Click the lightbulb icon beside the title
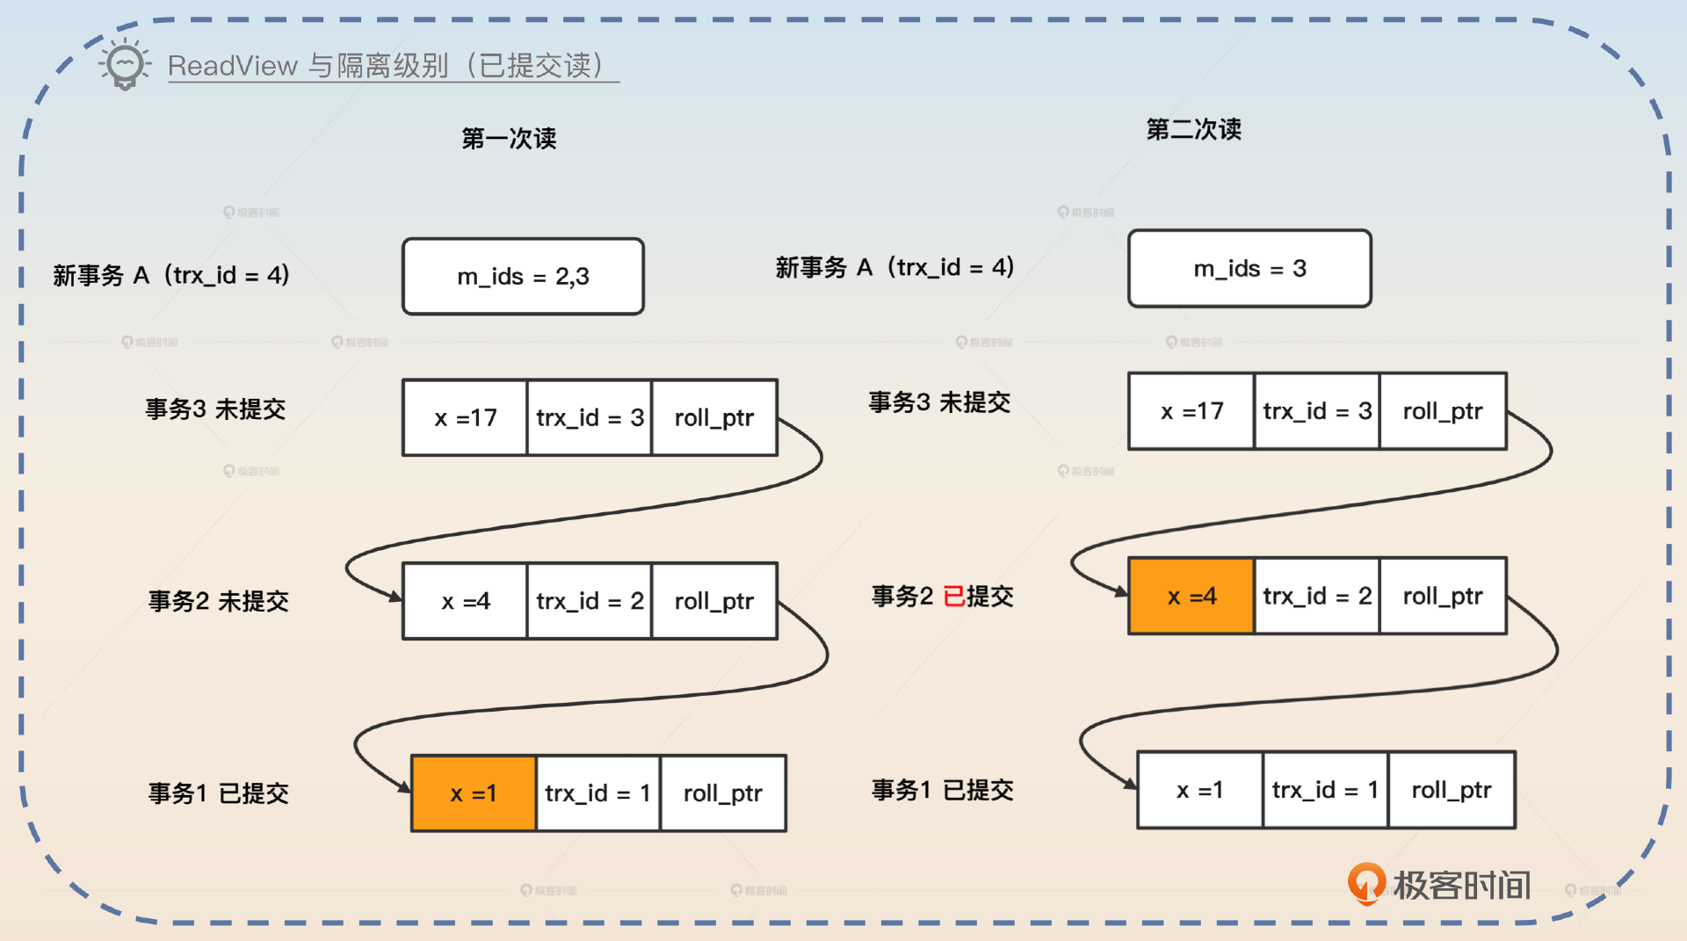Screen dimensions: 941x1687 coord(124,64)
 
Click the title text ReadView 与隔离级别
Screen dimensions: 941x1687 coord(387,66)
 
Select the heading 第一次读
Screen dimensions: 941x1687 coord(509,138)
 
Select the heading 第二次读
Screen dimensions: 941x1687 coord(1193,129)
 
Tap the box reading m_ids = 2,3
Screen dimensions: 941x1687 coord(523,277)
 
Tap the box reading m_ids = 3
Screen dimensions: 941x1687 coord(1249,269)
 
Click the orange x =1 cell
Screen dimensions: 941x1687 coord(474,793)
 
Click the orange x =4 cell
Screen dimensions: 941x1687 coord(1191,596)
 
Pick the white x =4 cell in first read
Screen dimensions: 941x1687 coord(465,601)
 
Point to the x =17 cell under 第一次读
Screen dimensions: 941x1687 coord(465,417)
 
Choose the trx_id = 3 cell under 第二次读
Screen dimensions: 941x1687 coord(1316,411)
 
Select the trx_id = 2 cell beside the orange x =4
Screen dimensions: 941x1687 coord(1316,596)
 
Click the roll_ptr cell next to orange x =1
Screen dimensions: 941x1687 coord(722,793)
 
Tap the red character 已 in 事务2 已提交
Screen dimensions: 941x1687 coord(953,597)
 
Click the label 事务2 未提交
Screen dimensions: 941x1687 coord(218,601)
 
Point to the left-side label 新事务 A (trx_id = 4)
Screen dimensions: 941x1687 coord(170,275)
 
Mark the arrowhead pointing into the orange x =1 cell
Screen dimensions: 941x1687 coord(405,787)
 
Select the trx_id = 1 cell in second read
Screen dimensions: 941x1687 coord(1324,790)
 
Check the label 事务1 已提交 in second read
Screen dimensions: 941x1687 coord(942,790)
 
